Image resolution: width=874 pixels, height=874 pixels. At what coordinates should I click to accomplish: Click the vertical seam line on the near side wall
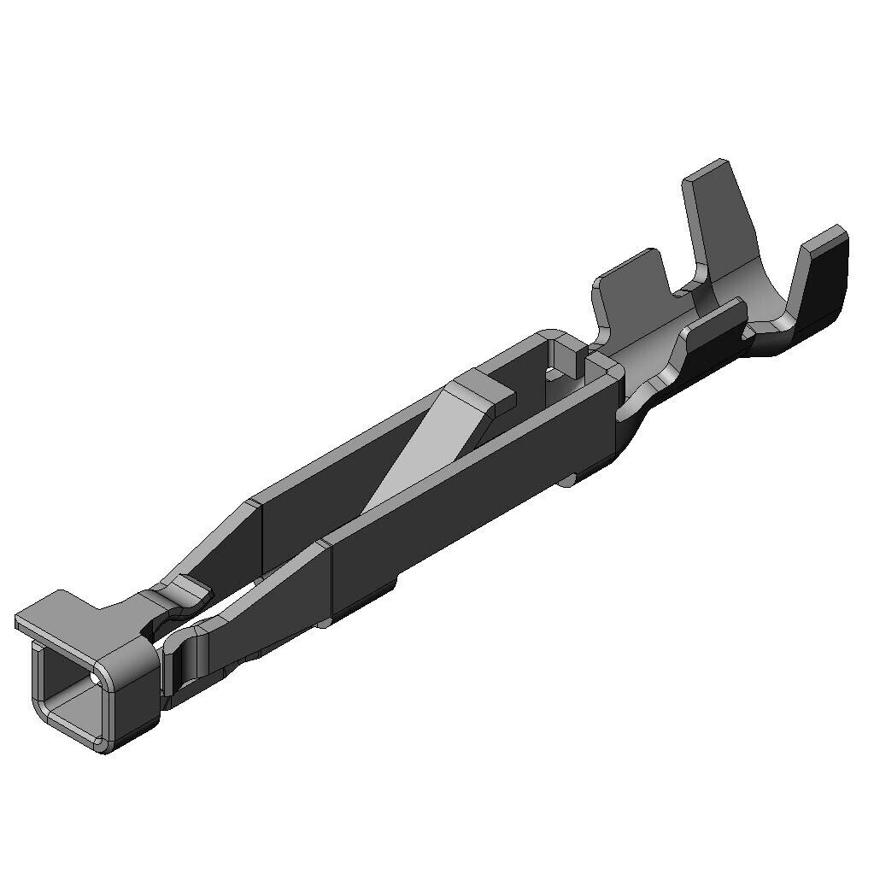[x=330, y=581]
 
